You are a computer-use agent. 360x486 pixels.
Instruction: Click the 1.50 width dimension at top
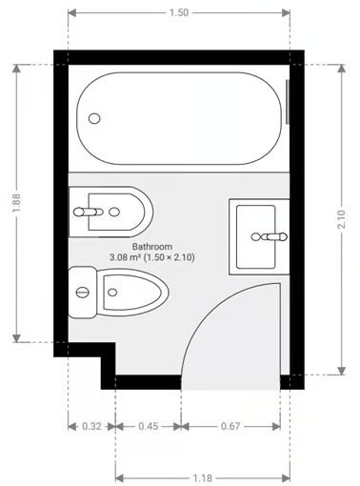tap(177, 13)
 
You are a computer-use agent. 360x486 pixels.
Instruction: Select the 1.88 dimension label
tap(17, 204)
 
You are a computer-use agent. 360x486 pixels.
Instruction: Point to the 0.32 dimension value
tap(90, 425)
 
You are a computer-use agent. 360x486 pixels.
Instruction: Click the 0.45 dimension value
tap(148, 425)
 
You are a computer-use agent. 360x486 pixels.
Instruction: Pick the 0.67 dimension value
tap(230, 425)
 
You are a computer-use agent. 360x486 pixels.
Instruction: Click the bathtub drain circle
tap(94, 118)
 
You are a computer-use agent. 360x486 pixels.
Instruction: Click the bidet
tap(112, 210)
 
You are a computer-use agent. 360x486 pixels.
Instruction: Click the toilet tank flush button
tap(84, 291)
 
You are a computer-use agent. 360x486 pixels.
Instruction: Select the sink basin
tap(254, 234)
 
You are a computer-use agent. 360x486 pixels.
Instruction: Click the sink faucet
tap(275, 235)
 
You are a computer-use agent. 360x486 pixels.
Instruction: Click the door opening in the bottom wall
tap(230, 381)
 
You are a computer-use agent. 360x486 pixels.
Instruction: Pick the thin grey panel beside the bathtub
tap(289, 104)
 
